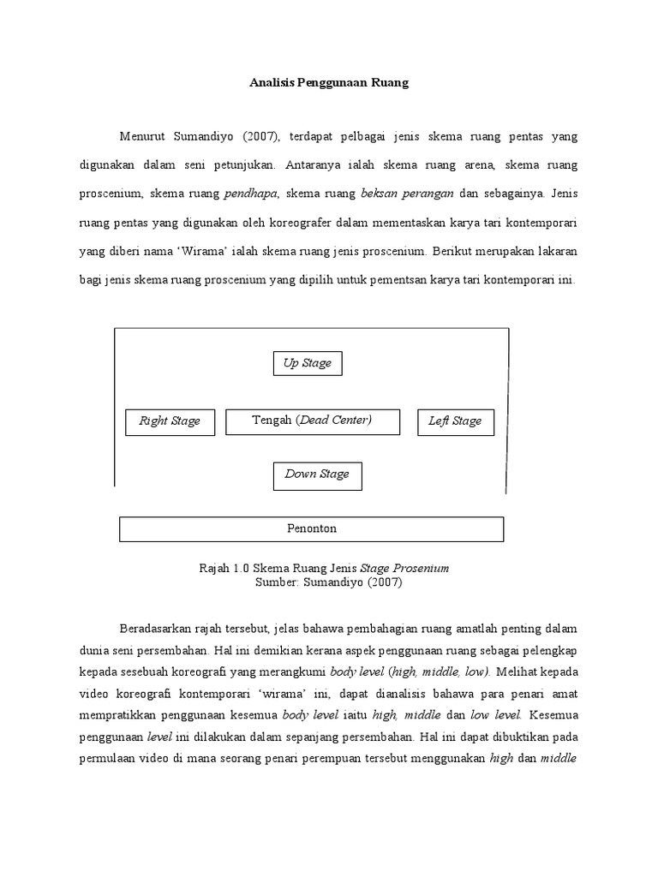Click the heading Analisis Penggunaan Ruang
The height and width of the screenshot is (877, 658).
click(330, 83)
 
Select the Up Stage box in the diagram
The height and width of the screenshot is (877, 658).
click(308, 363)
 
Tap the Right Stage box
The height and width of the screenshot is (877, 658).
click(170, 421)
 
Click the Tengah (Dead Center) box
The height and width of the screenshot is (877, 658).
click(312, 421)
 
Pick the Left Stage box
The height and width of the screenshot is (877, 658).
click(455, 421)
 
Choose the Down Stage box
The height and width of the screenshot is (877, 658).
click(317, 474)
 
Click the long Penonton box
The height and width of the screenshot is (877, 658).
click(311, 529)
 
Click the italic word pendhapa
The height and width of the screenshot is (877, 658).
click(250, 193)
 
